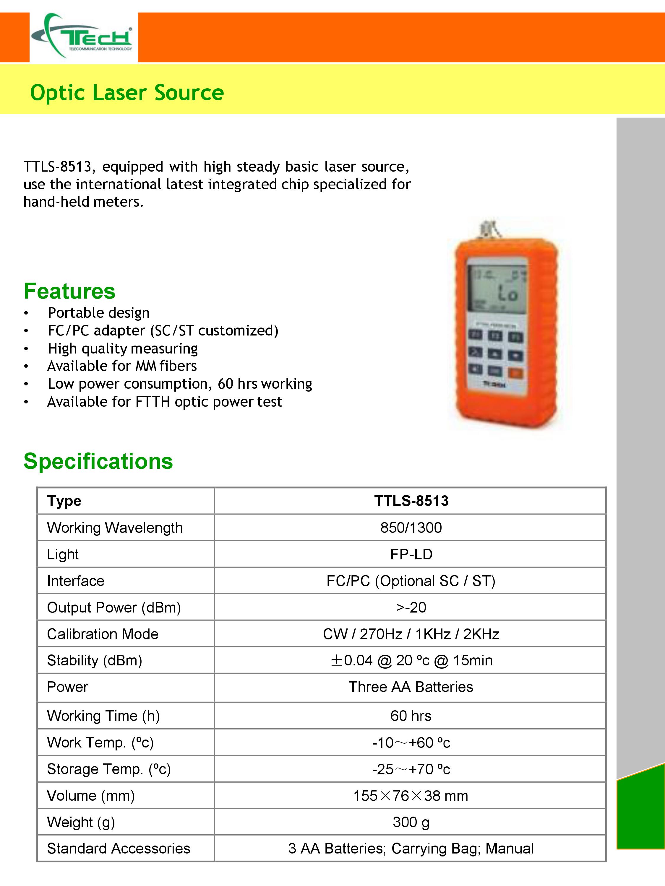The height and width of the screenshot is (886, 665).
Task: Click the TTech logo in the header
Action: tap(83, 37)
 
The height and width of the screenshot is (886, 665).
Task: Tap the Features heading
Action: tap(69, 291)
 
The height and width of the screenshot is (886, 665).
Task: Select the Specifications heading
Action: tap(98, 461)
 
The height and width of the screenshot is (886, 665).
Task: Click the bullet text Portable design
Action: tap(99, 313)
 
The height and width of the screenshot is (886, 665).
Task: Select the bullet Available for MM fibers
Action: tap(122, 366)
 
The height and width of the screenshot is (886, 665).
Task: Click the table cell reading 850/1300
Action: tap(411, 528)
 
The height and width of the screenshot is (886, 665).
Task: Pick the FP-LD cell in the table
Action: tap(411, 554)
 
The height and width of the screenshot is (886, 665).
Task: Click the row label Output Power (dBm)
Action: tap(114, 608)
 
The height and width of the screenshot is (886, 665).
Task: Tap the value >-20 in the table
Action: tap(411, 608)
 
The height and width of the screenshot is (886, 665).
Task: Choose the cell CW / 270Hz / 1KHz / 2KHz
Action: tap(411, 634)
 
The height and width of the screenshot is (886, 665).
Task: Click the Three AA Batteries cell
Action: tap(411, 687)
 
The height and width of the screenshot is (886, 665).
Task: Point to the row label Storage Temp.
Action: tap(109, 769)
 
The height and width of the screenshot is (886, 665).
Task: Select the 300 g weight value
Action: tap(411, 822)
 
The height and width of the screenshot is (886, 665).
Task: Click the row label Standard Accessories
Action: tap(119, 848)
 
